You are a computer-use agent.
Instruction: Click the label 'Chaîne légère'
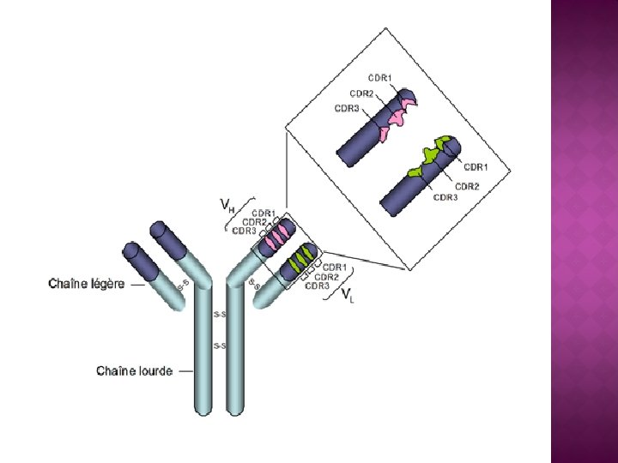(86, 283)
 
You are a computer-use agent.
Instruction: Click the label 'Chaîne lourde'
(134, 371)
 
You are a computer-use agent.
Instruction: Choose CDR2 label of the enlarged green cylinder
(467, 185)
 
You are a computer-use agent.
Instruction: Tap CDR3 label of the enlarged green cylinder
(446, 197)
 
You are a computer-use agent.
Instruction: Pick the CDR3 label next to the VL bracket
(318, 286)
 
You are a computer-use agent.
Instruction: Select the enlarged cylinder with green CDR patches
(421, 176)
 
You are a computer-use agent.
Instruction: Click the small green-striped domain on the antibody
(300, 258)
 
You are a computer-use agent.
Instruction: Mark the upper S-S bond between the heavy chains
(219, 316)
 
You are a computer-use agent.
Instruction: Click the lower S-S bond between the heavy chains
(219, 346)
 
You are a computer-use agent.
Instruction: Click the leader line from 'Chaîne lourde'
(186, 371)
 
